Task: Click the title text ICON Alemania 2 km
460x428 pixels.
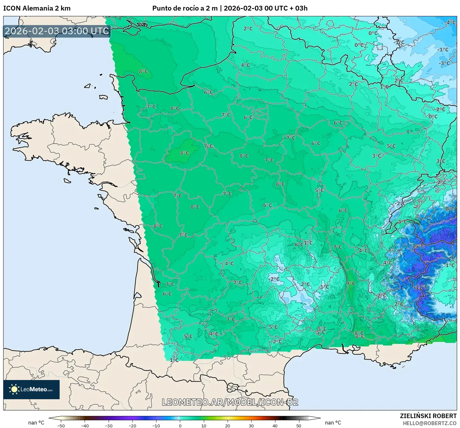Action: (37, 8)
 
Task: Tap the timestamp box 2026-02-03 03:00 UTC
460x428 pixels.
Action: (57, 31)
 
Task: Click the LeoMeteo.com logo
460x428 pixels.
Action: (31, 389)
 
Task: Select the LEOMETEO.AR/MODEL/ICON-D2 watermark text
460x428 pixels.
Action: (230, 402)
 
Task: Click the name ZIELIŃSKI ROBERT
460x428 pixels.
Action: (428, 416)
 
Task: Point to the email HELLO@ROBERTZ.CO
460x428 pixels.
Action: (430, 423)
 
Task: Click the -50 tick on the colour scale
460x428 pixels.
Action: (61, 425)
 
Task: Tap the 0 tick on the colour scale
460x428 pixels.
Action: (180, 425)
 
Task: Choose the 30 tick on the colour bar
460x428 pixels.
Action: (251, 425)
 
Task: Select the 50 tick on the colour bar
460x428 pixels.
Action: (298, 425)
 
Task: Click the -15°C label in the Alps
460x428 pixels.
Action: (417, 246)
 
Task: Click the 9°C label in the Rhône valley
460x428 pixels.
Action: (351, 283)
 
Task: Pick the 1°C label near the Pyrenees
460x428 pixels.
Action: (174, 360)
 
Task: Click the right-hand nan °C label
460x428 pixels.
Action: (333, 423)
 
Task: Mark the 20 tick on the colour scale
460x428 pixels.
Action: (227, 425)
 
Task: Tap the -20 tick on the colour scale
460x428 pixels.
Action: (132, 425)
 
